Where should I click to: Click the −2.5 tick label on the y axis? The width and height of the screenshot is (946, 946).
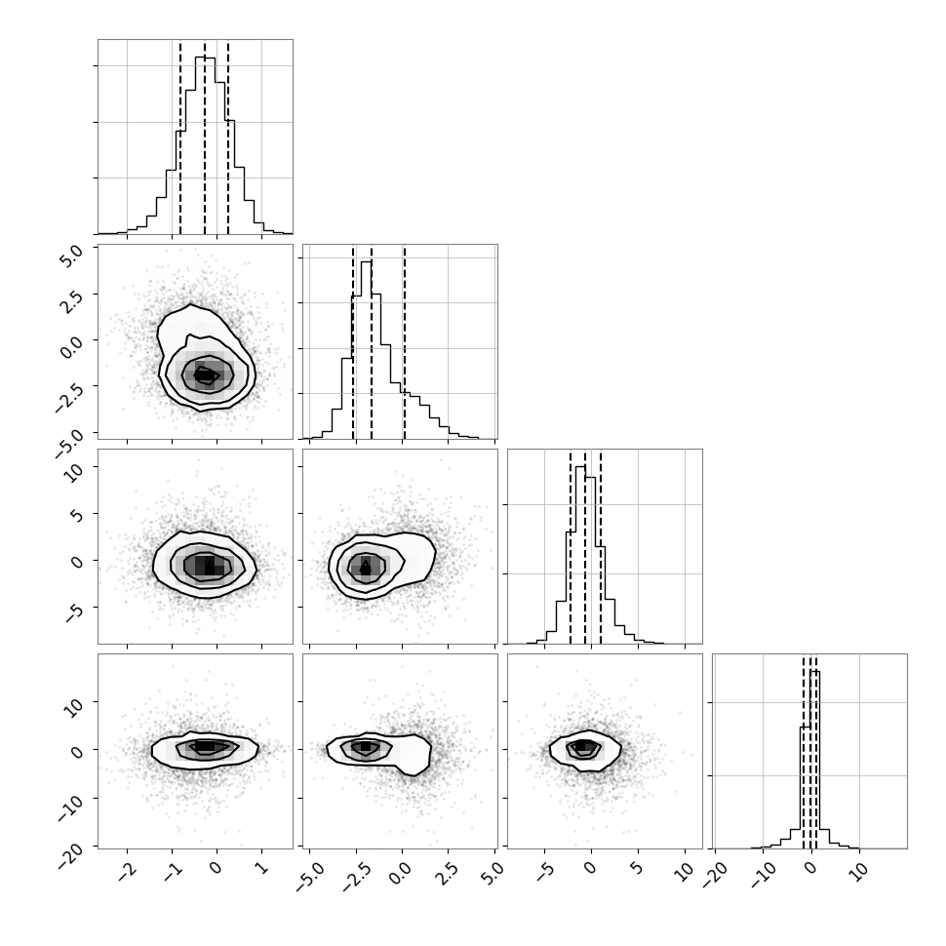(70, 395)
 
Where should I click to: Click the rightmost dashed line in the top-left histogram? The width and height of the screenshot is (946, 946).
(228, 137)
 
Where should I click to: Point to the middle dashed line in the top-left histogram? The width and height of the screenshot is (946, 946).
(205, 137)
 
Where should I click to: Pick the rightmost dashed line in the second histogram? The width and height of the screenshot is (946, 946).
(404, 341)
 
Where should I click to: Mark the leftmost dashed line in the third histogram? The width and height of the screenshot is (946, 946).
(571, 546)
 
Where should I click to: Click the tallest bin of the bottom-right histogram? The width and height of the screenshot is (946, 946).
(814, 760)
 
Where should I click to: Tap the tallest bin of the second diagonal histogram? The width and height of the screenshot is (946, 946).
(367, 350)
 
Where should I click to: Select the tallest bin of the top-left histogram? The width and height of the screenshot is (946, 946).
(205, 145)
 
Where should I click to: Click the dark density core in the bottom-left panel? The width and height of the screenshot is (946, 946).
(205, 747)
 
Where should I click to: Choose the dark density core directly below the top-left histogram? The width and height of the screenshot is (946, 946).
(205, 374)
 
